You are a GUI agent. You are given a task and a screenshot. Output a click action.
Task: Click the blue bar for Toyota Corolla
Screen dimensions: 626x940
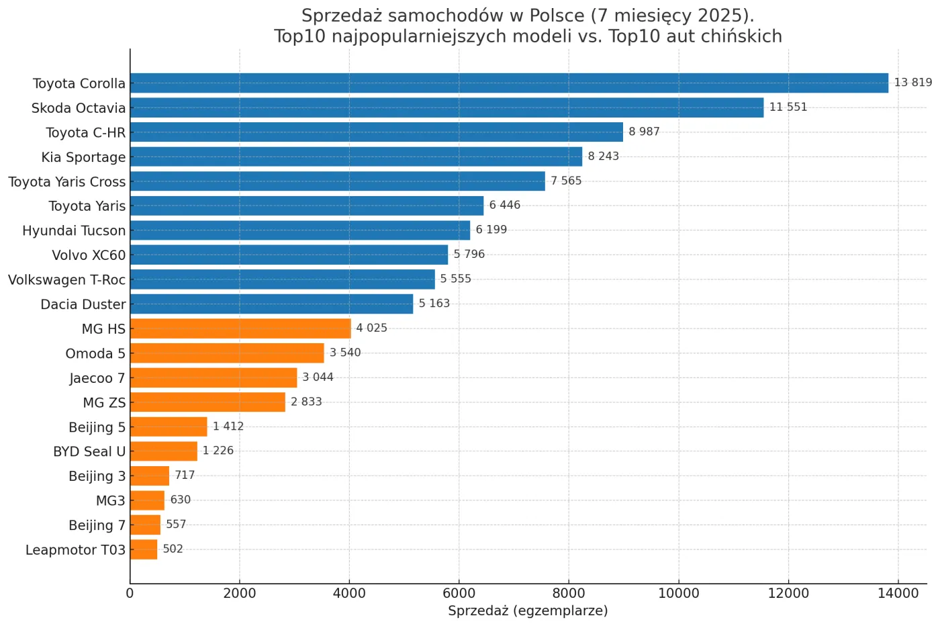509,83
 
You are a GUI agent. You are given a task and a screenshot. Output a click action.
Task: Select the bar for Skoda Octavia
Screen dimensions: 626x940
446,107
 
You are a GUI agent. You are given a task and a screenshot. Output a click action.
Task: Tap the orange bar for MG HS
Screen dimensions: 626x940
240,328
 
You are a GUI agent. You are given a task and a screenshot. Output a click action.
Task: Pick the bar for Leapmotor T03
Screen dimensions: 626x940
144,549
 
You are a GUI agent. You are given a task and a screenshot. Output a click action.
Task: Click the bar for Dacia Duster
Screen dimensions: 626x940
271,304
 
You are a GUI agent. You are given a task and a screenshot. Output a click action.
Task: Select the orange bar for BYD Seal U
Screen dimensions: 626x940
164,451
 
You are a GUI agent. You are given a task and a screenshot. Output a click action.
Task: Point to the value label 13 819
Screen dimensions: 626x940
912,83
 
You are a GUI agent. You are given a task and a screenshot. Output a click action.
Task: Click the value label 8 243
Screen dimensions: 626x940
603,156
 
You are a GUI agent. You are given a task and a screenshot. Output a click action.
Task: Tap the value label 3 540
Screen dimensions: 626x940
345,353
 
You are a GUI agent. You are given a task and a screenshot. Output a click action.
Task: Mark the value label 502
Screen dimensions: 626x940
173,549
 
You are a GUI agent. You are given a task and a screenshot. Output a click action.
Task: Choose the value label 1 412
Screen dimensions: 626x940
228,427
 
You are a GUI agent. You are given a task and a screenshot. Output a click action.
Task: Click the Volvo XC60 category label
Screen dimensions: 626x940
89,255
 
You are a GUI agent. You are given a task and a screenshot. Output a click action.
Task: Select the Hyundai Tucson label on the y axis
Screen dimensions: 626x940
74,231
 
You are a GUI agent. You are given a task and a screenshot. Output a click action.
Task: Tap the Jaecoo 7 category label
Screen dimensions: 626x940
97,378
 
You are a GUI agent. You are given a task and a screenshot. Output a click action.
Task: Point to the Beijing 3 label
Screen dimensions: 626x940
97,476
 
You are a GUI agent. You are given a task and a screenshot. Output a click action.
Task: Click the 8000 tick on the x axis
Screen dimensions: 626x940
569,593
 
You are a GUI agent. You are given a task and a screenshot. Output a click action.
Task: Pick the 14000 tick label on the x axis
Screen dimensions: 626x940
898,593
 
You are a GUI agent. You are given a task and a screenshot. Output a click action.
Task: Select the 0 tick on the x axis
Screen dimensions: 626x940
130,593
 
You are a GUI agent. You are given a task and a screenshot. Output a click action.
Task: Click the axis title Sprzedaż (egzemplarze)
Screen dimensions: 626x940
528,611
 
